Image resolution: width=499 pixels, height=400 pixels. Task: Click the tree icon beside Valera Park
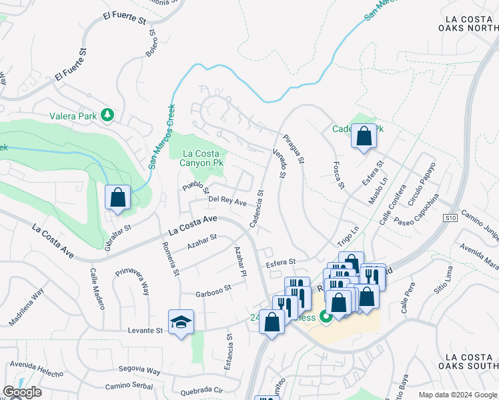[x=107, y=115]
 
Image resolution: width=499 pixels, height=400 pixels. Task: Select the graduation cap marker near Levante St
[x=181, y=323]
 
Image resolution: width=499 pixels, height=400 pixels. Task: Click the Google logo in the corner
[x=22, y=392]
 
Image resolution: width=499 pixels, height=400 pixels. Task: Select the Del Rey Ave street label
[x=227, y=201]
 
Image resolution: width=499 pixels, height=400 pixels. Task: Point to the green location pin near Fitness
[x=326, y=317]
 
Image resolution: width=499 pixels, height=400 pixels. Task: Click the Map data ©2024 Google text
[x=457, y=395]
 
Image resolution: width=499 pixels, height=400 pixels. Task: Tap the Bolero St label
[x=151, y=42]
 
